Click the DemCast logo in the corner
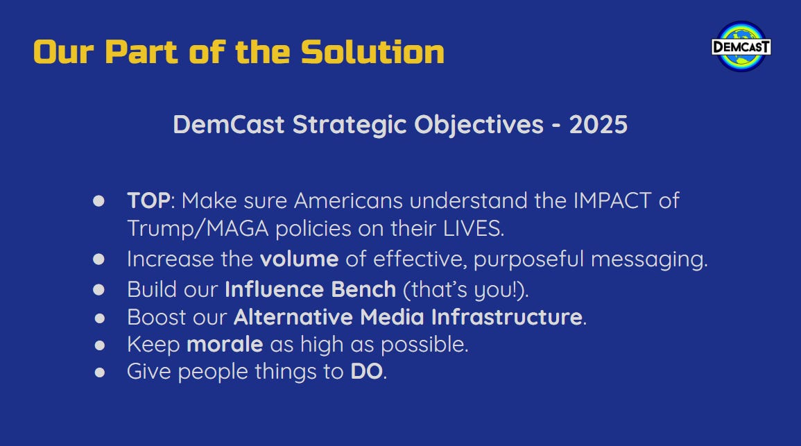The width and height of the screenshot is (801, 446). click(x=741, y=46)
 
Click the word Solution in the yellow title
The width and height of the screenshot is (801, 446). click(x=372, y=53)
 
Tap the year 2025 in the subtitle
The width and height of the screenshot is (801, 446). click(x=598, y=125)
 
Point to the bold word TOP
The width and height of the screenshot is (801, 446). click(x=148, y=200)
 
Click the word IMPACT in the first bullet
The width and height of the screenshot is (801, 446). click(x=612, y=200)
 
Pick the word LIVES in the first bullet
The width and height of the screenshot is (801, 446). click(x=473, y=228)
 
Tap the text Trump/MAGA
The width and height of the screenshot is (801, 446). click(x=198, y=228)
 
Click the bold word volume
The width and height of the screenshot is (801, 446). click(x=300, y=259)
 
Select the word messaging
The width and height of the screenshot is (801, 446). click(x=649, y=259)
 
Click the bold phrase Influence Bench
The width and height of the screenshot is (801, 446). click(x=311, y=290)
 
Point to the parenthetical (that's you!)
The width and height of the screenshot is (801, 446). click(x=466, y=290)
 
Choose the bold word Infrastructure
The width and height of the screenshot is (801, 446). click(x=507, y=317)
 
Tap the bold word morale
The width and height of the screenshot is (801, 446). click(x=225, y=345)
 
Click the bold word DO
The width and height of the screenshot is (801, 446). click(x=366, y=372)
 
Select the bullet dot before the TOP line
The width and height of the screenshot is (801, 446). click(x=99, y=200)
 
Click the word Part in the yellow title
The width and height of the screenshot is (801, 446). click(x=141, y=53)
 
